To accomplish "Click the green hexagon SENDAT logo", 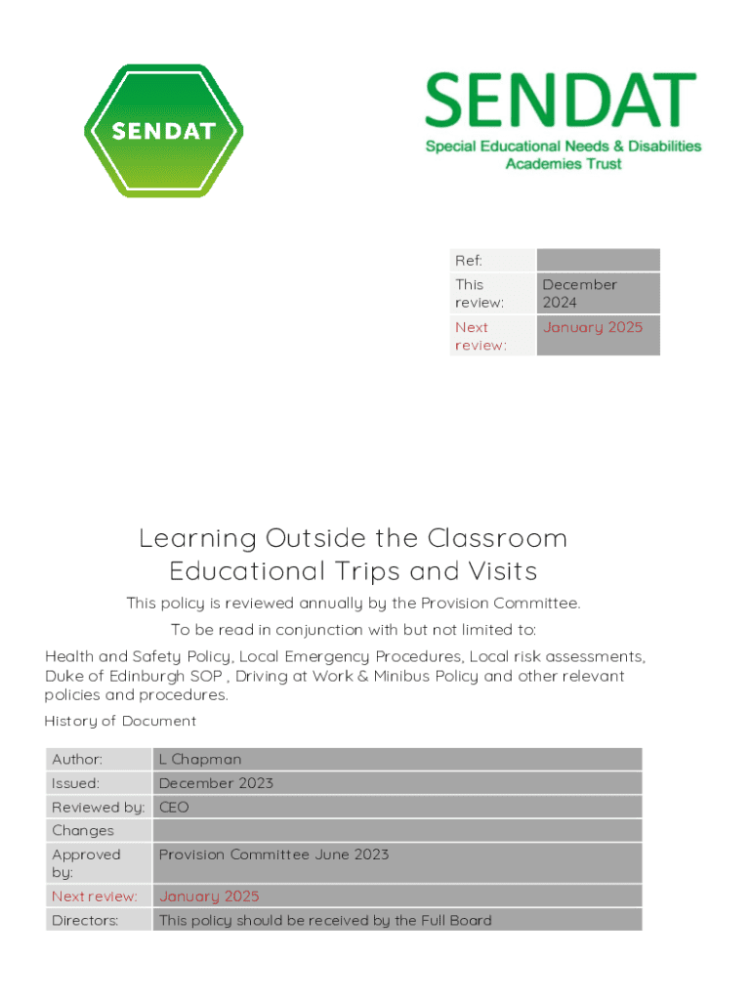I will click(163, 131).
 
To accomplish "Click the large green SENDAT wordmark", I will click(560, 104).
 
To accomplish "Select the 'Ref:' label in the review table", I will click(469, 261).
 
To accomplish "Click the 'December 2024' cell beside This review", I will click(580, 293).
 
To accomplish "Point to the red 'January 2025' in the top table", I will click(593, 328).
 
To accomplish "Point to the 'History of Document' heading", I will click(120, 722).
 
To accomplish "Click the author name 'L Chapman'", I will click(200, 760).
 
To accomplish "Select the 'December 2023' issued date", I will click(216, 783).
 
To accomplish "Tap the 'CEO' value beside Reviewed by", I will click(174, 808).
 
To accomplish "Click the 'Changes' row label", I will click(83, 831).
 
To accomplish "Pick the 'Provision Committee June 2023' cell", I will click(273, 854).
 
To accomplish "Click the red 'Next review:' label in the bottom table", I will click(94, 896).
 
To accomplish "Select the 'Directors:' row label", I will click(85, 920).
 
